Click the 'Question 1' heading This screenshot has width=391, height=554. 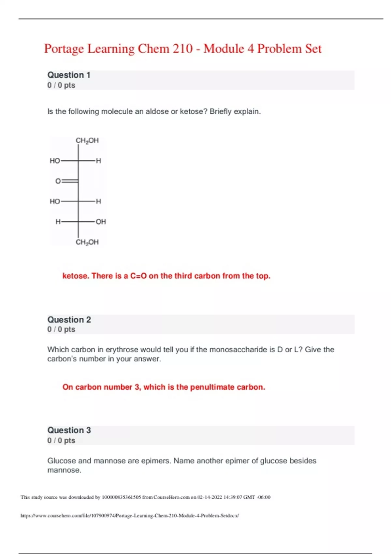click(x=69, y=75)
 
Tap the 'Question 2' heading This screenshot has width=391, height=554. click(x=69, y=320)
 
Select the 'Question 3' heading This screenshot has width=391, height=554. click(x=69, y=430)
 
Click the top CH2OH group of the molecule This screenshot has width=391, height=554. click(x=87, y=141)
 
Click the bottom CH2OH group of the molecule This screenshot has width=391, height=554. click(x=87, y=242)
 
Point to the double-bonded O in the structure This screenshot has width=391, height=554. click(x=58, y=181)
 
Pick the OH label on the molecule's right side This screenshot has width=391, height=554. click(x=101, y=222)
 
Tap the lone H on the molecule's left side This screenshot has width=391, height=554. click(x=58, y=222)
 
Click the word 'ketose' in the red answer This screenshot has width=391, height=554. click(x=75, y=276)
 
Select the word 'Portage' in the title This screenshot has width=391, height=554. click(x=64, y=49)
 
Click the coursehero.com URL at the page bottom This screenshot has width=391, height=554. click(x=130, y=516)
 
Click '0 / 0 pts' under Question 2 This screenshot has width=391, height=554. click(x=61, y=329)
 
